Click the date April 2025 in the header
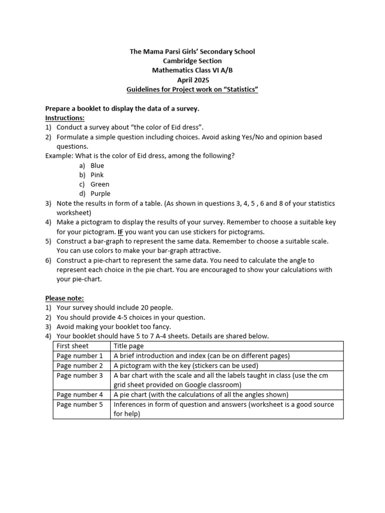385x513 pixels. point(193,80)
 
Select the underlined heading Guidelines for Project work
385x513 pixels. point(193,89)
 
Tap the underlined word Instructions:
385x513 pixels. point(65,118)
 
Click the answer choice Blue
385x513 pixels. point(97,165)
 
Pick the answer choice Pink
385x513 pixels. point(97,175)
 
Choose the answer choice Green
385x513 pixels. point(100,184)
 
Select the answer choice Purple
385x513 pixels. point(101,194)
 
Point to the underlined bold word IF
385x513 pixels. point(120,232)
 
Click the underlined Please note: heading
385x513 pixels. point(65,298)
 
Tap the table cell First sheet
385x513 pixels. point(73,346)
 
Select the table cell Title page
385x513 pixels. point(129,346)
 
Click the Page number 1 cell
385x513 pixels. point(80,356)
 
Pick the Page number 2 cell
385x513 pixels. point(80,365)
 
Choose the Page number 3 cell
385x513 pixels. point(80,375)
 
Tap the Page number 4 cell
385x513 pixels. point(80,394)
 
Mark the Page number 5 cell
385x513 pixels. point(80,404)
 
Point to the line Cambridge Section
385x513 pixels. point(193,61)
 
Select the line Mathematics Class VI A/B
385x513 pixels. point(193,70)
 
